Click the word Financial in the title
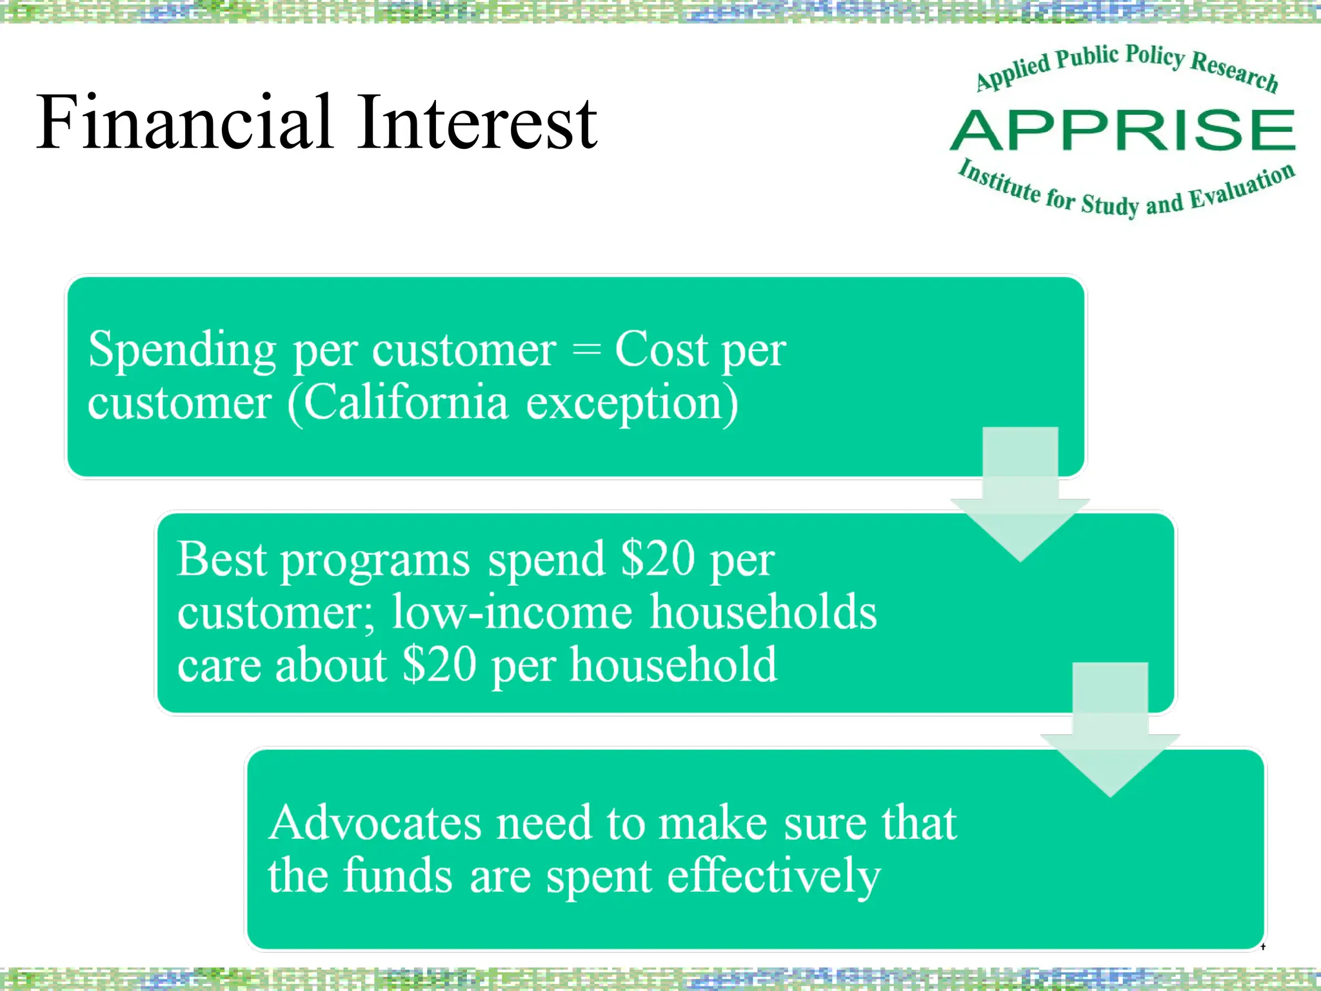[x=184, y=123]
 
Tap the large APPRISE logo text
[x=1123, y=131]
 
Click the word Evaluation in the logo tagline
[x=1242, y=188]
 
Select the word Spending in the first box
[x=182, y=350]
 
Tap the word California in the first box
[x=406, y=403]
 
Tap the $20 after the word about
[x=439, y=665]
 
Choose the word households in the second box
[x=763, y=612]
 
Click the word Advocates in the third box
[x=375, y=823]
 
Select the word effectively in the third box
[x=773, y=877]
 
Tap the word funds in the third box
[x=397, y=877]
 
